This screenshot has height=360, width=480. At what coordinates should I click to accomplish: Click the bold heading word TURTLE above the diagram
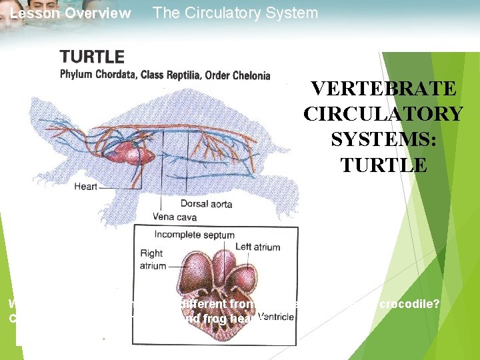point(92,58)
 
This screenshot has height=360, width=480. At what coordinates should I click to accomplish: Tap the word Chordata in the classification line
point(117,74)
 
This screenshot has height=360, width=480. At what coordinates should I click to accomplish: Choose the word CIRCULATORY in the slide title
point(383,114)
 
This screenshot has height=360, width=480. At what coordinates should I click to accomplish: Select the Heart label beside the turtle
point(85,187)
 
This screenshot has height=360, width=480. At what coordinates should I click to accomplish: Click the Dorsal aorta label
point(202,203)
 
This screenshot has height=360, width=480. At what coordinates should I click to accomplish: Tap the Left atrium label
point(257,247)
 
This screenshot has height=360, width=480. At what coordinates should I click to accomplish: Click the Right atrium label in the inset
point(153,259)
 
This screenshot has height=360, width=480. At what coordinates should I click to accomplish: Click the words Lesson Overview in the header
point(71,13)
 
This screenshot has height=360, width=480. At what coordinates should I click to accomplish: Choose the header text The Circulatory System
point(235,13)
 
